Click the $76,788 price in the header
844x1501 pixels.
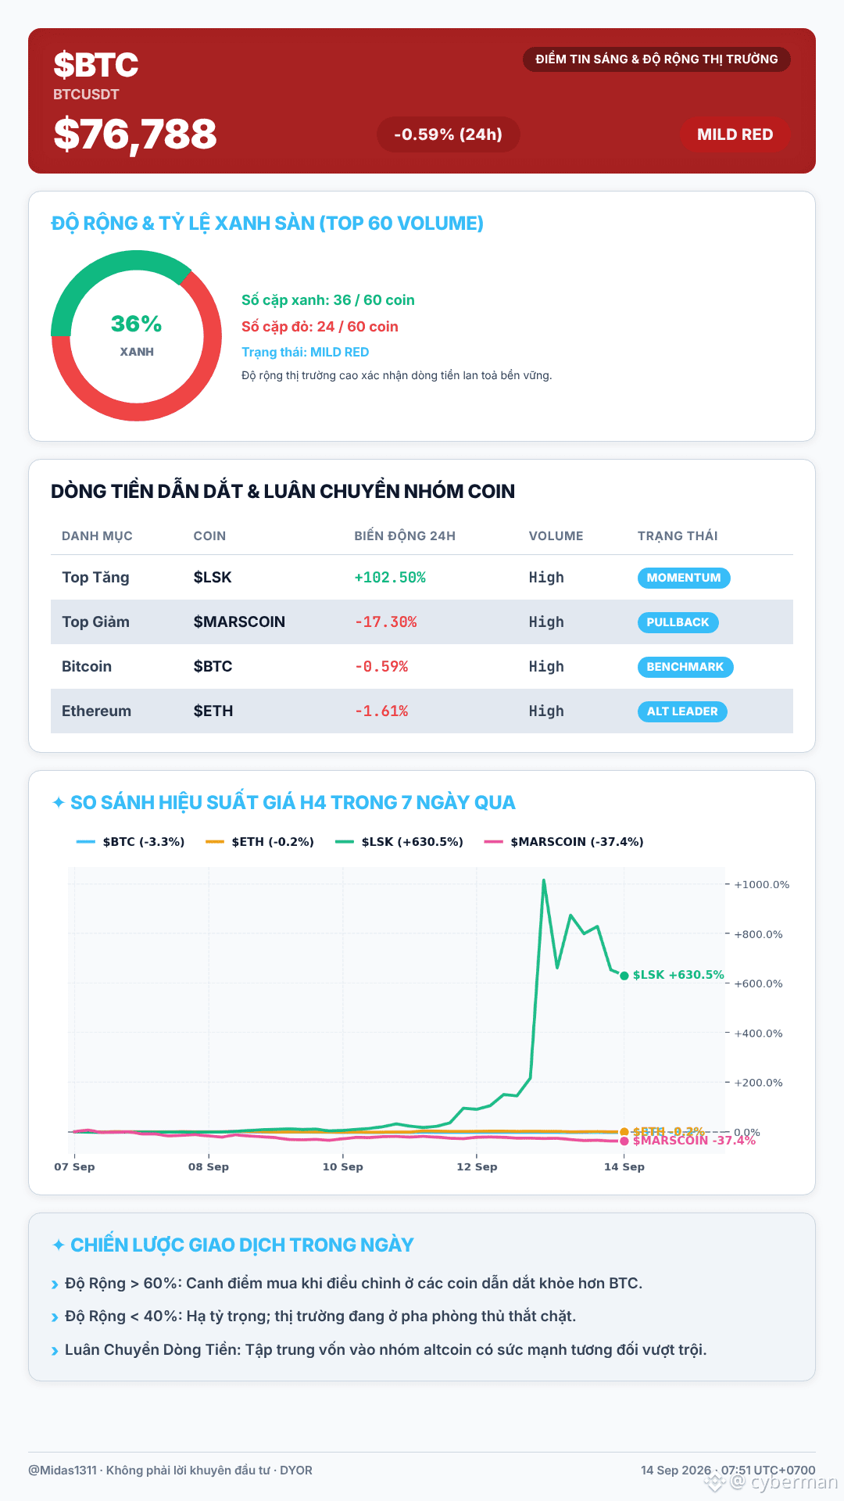tap(135, 134)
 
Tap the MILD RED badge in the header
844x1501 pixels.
tap(735, 134)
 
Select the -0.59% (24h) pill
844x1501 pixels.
tap(448, 134)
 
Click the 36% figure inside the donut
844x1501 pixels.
tap(137, 324)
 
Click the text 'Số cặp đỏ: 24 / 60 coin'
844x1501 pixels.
tap(320, 327)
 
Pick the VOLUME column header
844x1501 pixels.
tap(556, 536)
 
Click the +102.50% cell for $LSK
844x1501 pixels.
tap(390, 578)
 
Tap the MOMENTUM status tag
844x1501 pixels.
tap(684, 578)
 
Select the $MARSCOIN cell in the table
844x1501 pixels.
tap(239, 622)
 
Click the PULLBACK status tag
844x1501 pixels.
tap(678, 622)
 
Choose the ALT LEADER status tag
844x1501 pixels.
tap(682, 711)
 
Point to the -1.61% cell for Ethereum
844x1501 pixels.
tap(381, 711)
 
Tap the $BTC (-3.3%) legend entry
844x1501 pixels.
tap(131, 842)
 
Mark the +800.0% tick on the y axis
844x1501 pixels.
tap(758, 934)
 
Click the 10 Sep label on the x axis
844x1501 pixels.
tap(343, 1166)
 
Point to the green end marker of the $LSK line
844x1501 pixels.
tap(624, 976)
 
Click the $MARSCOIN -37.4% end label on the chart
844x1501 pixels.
tap(694, 1141)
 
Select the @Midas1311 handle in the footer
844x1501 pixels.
tap(63, 1471)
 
